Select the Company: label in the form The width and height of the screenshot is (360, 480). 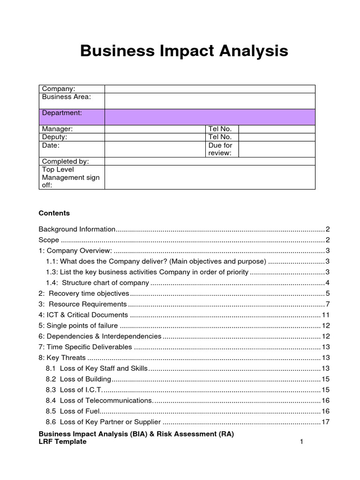(x=59, y=89)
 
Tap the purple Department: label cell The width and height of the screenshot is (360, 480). (x=62, y=113)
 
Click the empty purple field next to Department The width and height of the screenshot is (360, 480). (x=210, y=117)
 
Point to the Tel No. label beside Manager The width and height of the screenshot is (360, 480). (x=220, y=129)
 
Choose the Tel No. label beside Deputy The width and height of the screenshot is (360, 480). (x=220, y=137)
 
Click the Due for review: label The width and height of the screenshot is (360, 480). (x=220, y=150)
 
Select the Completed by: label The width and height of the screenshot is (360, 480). (x=65, y=161)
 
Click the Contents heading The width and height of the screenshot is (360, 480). (x=54, y=213)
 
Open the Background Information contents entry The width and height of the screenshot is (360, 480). (x=77, y=229)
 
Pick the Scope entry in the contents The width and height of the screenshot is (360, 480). (x=49, y=240)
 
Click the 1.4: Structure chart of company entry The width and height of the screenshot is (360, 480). (x=97, y=283)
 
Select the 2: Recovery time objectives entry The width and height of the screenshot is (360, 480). (x=83, y=293)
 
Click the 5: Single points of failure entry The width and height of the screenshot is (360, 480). (x=78, y=326)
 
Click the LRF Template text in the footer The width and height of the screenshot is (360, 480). (x=62, y=442)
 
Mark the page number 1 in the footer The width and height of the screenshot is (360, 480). (x=302, y=442)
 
